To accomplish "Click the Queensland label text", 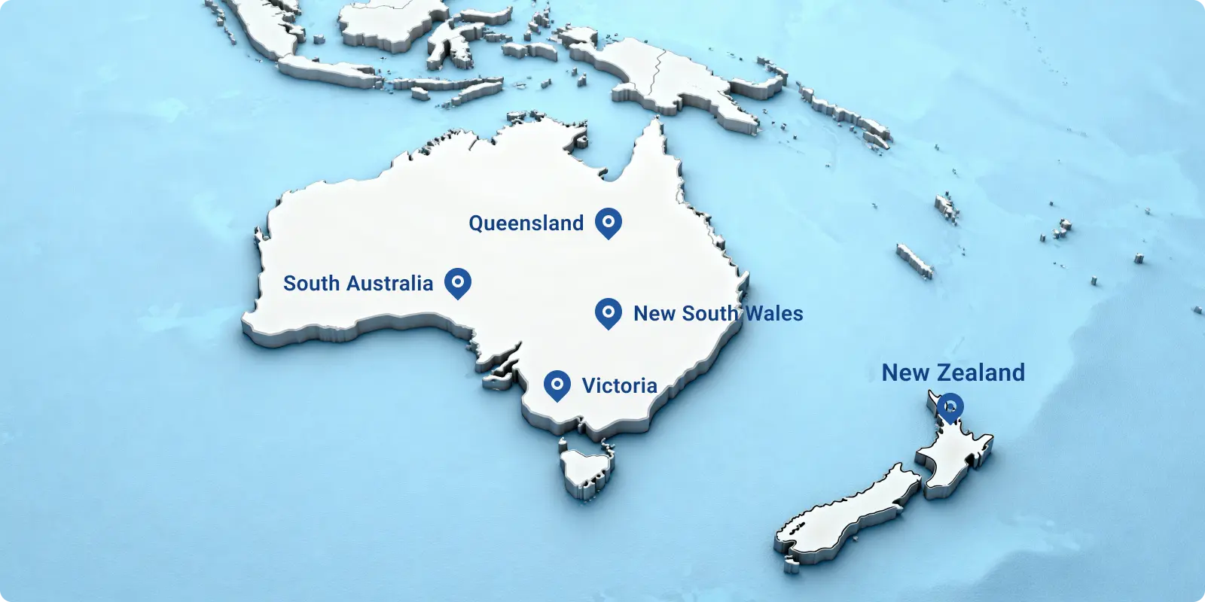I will tap(526, 223).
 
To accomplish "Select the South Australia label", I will tap(358, 284).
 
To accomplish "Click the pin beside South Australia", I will tap(458, 283).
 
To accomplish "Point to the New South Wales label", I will tap(718, 313).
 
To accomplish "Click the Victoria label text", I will tap(619, 385).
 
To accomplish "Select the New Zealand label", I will tap(953, 372).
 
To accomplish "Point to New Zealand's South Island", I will tap(843, 512).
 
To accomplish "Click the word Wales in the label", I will tap(773, 313).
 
